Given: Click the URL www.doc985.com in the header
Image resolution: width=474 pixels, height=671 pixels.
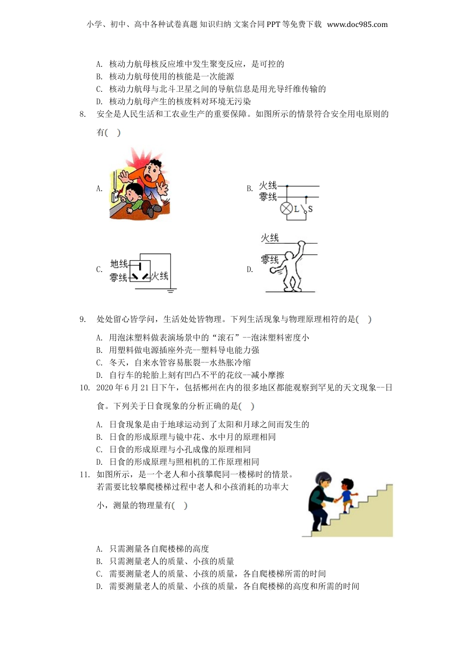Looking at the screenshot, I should (357, 24).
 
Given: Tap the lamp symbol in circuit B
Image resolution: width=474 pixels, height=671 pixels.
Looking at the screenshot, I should (286, 209).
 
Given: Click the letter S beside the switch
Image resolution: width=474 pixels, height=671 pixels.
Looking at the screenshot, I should (310, 209).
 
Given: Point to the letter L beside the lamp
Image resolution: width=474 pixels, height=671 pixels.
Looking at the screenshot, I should (297, 209).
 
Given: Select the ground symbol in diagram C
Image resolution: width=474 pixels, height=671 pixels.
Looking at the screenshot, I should (170, 290).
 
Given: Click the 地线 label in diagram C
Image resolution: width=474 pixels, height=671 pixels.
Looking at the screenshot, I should (119, 264).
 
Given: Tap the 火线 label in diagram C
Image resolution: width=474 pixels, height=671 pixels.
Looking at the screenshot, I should (160, 276).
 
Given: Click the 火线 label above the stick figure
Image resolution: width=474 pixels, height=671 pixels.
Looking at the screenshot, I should (269, 238).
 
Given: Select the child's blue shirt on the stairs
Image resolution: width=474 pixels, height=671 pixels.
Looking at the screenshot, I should (346, 496).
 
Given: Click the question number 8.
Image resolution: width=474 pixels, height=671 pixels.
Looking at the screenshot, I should (83, 114).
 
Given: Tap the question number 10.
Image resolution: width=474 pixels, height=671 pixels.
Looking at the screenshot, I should (84, 388).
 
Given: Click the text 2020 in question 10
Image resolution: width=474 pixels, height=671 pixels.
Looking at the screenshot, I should (105, 388).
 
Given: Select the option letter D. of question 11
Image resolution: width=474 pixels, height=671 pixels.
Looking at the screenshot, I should (99, 587).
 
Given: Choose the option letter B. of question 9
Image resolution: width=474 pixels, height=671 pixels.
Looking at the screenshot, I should (99, 350).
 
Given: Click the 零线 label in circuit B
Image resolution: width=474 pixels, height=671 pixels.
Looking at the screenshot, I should (268, 197).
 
